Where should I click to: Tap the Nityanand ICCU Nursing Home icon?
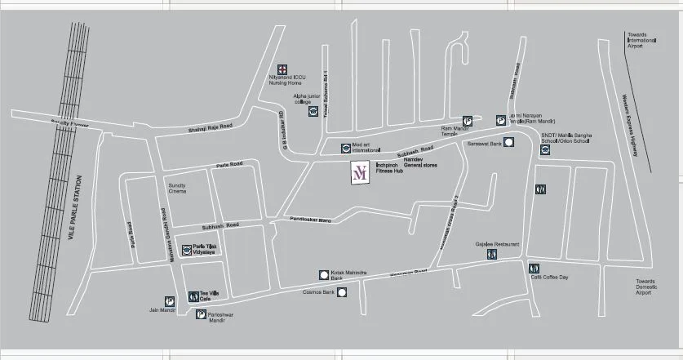click(282, 68)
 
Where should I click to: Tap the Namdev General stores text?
click(421, 162)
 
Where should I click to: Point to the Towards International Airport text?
click(641, 40)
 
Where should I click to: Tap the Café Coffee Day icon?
click(533, 267)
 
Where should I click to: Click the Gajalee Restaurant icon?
click(491, 255)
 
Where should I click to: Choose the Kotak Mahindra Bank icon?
click(323, 275)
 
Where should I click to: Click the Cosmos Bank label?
click(319, 291)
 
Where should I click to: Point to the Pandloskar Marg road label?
click(307, 220)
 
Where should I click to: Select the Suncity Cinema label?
click(177, 189)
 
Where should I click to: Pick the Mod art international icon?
click(345, 149)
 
